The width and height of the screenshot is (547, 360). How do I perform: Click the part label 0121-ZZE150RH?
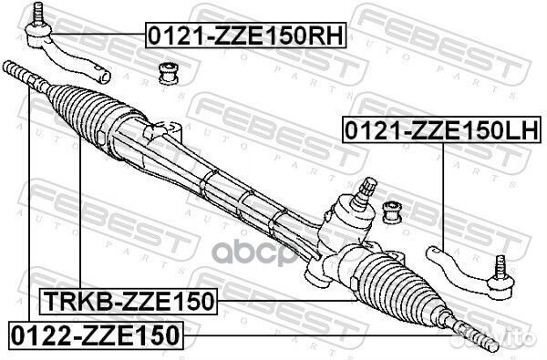tap(245, 36)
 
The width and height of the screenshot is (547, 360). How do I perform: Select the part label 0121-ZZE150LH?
tap(442, 129)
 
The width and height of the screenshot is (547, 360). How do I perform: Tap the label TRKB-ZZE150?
tap(129, 302)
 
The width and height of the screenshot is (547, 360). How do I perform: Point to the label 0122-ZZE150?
tap(96, 335)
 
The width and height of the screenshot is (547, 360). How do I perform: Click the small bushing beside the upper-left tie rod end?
tap(168, 73)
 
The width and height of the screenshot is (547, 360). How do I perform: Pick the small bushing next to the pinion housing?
tap(392, 212)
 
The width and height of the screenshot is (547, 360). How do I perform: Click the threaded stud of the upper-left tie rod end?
tap(37, 13)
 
